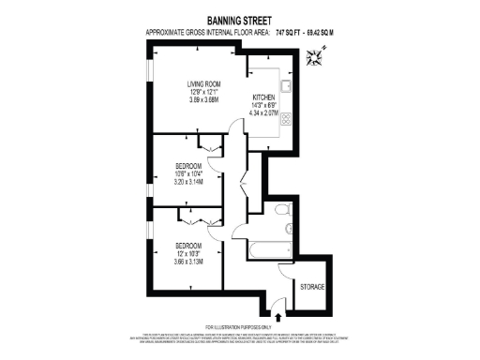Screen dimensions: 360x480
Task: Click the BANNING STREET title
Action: pos(240,18)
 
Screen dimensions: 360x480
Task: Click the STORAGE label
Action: pos(311,284)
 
